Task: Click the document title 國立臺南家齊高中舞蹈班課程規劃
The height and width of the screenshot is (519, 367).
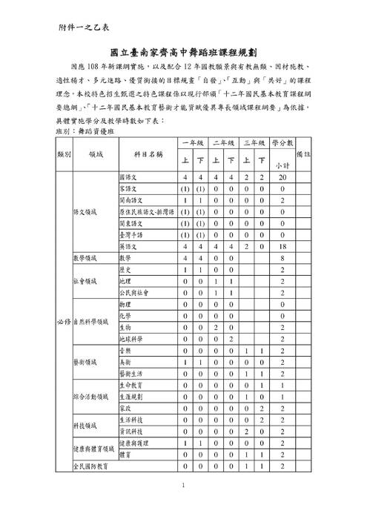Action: coord(183,53)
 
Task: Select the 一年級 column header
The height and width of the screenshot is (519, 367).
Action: coord(191,142)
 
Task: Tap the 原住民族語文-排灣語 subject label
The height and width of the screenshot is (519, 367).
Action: coord(145,212)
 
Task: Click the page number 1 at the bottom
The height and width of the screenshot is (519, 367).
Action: coord(183,486)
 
